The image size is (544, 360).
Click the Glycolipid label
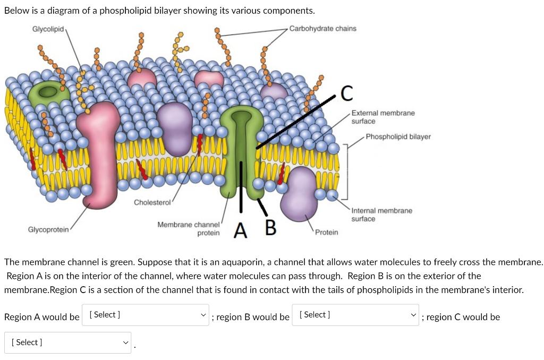coord(48,28)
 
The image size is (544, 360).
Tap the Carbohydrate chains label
coord(322,28)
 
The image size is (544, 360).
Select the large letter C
coord(346,93)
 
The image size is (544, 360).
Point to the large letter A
coord(241,231)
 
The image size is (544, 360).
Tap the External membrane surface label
coord(382,117)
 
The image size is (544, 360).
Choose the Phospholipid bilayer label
coord(398,136)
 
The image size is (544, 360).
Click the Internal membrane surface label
coord(381,215)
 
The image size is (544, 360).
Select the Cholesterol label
coord(152,202)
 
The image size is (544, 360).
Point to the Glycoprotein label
coord(48,229)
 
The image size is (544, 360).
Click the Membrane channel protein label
coord(189,229)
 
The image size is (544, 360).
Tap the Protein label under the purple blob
coord(326,233)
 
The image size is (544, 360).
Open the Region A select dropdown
coord(146,315)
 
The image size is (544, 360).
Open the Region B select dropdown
coord(355,315)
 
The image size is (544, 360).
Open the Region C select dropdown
coord(68,342)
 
